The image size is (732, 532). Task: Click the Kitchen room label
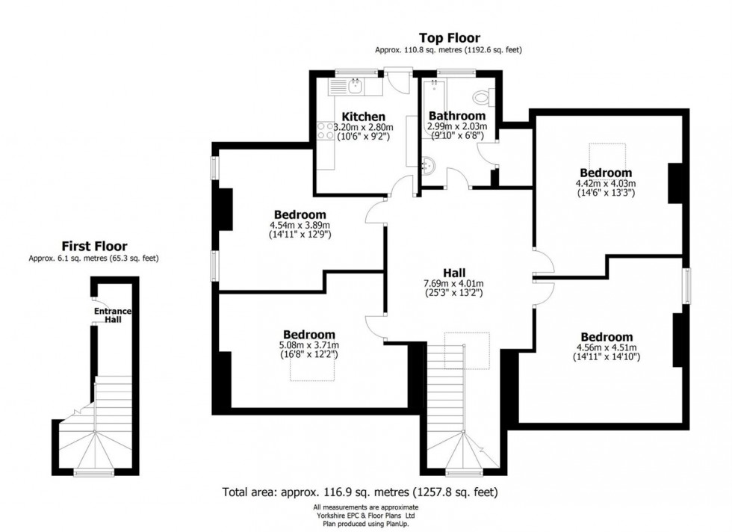pos(363,117)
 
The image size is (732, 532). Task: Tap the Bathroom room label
pos(456,116)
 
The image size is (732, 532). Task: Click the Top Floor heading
pos(449,37)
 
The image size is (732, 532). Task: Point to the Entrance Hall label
pos(107,315)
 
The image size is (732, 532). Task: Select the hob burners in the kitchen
pos(326,132)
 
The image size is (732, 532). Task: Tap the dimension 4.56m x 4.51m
pos(607,347)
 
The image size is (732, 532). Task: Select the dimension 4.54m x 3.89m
pos(300,225)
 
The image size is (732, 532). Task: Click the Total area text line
pos(360,492)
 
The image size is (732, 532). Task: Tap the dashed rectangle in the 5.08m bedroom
pos(308,371)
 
